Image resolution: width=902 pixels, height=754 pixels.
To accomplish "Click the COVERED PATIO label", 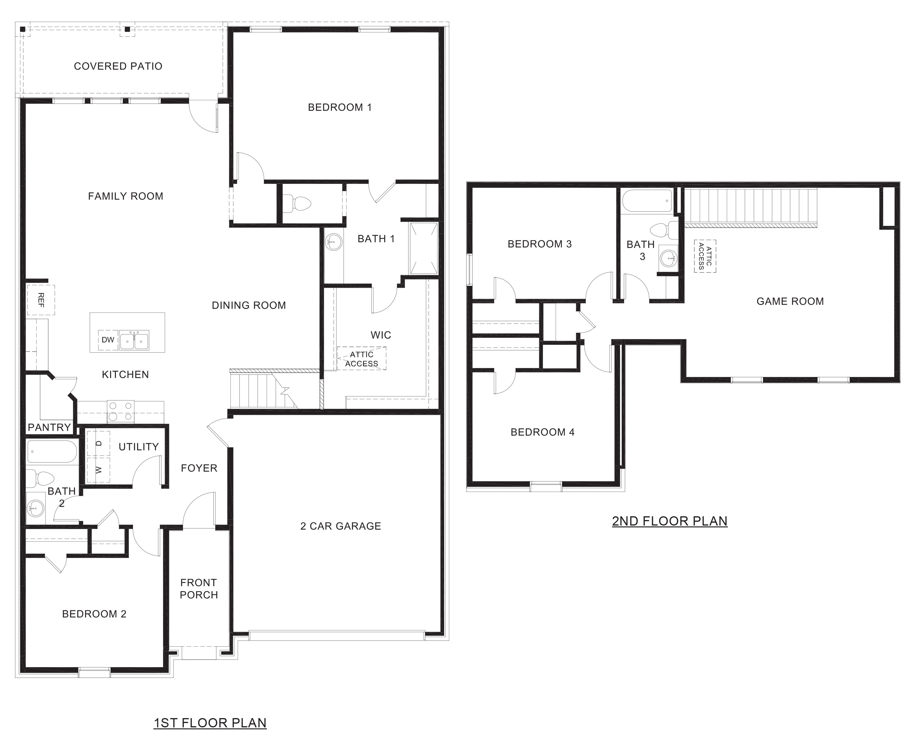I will tap(118, 66).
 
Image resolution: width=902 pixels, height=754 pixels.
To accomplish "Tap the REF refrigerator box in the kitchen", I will tap(41, 300).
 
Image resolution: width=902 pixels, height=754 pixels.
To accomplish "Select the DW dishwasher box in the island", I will tap(108, 340).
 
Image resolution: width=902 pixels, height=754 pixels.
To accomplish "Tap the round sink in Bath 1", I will tap(333, 242).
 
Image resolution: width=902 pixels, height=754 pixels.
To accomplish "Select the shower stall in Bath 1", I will tap(424, 248).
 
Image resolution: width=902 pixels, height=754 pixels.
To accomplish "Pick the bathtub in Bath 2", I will tap(52, 451).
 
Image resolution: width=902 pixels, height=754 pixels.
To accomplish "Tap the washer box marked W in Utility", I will tap(99, 470).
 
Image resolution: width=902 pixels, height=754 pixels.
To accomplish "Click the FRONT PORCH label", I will tap(199, 589).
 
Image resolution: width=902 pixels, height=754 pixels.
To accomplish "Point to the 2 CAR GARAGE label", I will tap(341, 526).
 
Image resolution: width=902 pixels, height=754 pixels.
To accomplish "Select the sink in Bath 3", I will tap(668, 258).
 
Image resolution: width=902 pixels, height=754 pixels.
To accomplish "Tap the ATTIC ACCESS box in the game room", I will tap(705, 256).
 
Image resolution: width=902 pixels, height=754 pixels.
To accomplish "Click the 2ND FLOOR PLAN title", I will tap(670, 521).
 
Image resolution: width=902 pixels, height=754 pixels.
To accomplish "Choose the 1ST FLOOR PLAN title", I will tap(210, 723).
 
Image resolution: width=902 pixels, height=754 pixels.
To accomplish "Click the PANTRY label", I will tap(50, 427).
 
